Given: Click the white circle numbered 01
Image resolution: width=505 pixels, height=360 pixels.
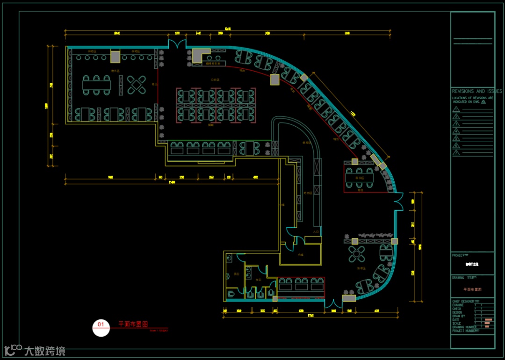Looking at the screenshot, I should pos(101,327).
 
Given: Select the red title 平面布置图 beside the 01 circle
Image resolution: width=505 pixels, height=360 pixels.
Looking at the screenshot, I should pos(133,324).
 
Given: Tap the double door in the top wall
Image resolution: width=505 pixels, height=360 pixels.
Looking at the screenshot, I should pos(177,45).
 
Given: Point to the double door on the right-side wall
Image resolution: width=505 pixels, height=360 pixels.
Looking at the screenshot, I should pos(398,201).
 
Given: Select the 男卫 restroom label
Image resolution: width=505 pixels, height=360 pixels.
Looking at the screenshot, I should pos(236,274).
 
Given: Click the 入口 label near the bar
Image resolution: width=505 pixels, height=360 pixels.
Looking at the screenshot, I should pos(316,231).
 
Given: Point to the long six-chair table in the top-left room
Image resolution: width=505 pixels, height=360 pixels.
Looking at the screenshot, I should pos(97,85).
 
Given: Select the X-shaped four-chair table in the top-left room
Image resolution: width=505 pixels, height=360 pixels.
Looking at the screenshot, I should pos(137,85).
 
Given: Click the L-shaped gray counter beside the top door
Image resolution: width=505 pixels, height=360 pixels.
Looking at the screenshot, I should pos(200,56).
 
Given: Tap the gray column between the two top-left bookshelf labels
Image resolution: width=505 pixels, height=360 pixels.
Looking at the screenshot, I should pos(115,56).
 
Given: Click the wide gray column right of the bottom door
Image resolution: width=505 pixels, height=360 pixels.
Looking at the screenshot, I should pos(349,298).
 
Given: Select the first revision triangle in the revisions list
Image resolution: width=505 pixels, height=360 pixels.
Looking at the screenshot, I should pos(456,109).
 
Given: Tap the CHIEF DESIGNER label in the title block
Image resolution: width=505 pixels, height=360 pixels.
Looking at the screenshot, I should pos(466,301).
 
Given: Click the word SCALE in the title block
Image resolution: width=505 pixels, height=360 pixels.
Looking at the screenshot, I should pos(457,324).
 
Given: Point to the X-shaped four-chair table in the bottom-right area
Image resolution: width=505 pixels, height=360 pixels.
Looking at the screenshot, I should pos(357,255).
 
